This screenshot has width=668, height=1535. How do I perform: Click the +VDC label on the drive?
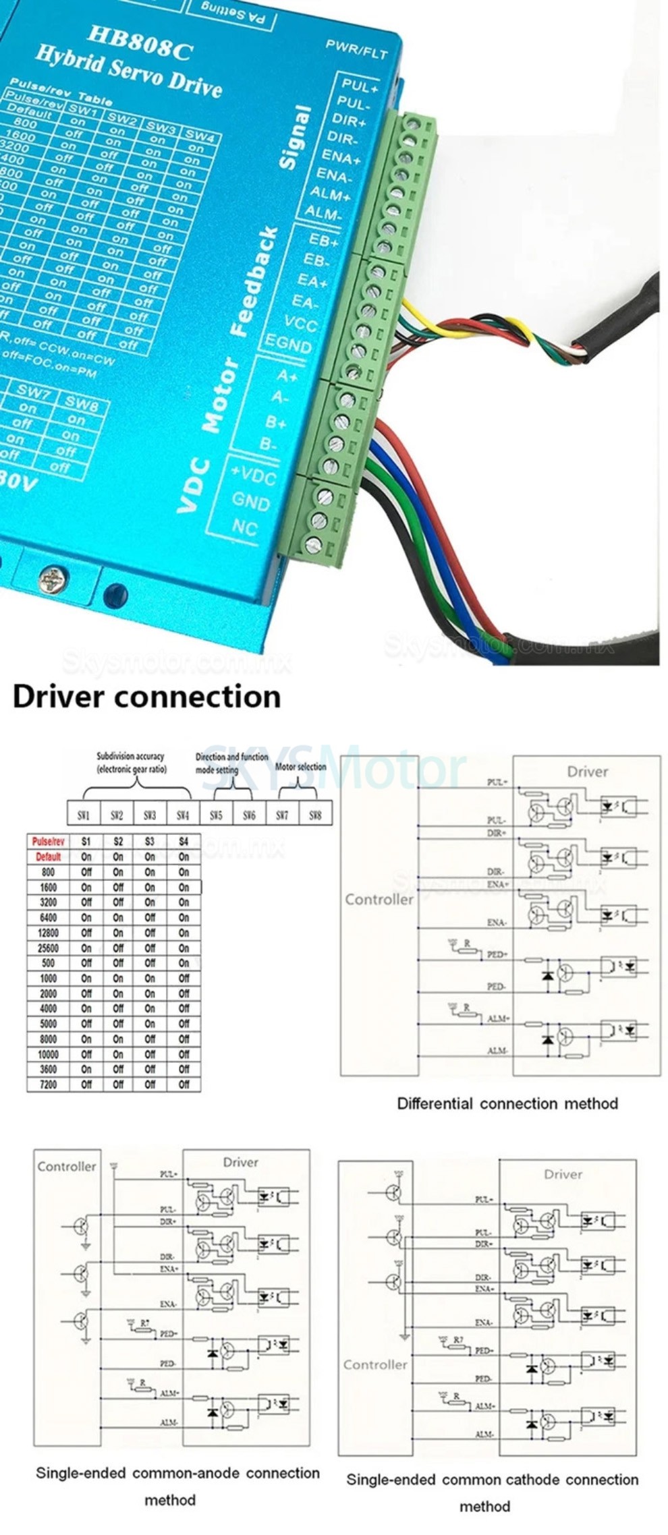[x=253, y=476]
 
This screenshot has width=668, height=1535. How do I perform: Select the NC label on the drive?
[x=244, y=526]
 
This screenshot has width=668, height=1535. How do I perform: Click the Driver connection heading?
[x=146, y=697]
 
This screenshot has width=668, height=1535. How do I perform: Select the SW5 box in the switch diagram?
[x=216, y=815]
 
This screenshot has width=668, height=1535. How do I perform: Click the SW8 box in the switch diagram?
[x=315, y=815]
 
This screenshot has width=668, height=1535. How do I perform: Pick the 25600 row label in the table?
[x=48, y=948]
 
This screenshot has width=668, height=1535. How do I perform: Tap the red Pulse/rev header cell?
[x=48, y=842]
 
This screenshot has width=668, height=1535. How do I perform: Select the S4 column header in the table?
[x=184, y=842]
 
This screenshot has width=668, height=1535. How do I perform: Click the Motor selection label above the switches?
[x=301, y=767]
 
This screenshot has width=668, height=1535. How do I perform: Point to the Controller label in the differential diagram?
[x=379, y=900]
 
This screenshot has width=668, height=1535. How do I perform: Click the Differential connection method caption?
[x=507, y=1104]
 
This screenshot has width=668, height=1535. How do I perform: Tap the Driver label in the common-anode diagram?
[x=241, y=1162]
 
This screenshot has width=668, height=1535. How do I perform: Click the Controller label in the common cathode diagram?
[x=375, y=1364]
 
